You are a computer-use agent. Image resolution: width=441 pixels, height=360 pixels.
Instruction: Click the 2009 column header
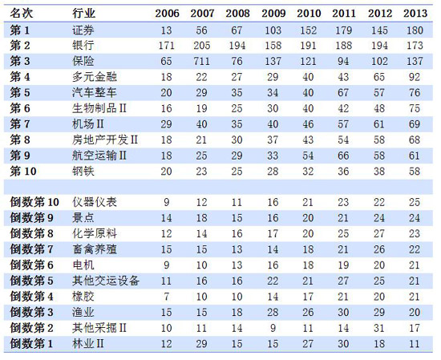273,13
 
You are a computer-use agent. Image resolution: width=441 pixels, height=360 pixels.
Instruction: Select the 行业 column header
83,13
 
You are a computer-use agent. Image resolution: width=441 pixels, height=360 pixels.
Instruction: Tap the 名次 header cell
22,13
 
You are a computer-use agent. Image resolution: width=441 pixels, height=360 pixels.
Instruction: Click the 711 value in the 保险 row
201,61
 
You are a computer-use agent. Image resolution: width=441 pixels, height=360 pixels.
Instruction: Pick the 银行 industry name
83,45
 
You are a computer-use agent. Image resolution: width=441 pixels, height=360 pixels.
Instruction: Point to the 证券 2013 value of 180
415,30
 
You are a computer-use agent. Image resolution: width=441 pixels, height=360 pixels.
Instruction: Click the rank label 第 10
23,172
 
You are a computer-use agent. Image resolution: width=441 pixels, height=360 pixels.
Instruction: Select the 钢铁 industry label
83,172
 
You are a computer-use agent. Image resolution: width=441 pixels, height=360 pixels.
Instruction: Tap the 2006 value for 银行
166,46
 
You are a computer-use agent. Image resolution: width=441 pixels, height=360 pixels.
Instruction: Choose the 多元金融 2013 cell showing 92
415,77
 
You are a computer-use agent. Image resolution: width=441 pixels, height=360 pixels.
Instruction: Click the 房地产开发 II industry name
105,140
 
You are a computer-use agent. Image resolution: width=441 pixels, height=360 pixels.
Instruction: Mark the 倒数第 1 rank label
31,343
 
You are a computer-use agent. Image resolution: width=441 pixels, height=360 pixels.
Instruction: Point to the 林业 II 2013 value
415,344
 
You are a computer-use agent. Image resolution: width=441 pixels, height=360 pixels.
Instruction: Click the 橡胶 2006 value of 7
166,297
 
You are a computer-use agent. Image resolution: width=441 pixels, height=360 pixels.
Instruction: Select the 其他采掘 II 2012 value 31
378,328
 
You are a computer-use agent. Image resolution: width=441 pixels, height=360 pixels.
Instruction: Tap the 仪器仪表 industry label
95,202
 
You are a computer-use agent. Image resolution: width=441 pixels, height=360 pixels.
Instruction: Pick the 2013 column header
415,13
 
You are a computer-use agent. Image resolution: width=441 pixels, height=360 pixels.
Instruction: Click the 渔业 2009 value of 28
273,312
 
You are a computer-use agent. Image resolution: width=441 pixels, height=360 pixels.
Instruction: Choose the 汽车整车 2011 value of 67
343,93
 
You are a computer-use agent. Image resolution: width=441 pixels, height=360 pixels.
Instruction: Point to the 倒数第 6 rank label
31,265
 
